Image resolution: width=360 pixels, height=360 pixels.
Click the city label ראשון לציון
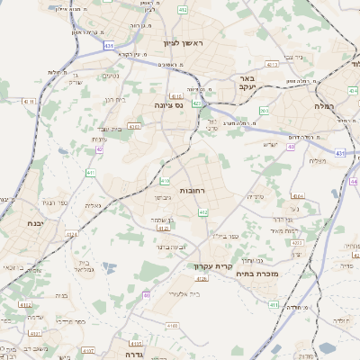[184, 44]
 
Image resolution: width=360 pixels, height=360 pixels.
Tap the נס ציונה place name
[166, 106]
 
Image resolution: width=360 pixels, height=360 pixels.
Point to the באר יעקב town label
[248, 84]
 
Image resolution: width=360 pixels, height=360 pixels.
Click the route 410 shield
[165, 181]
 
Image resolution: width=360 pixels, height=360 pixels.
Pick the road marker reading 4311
[28, 101]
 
